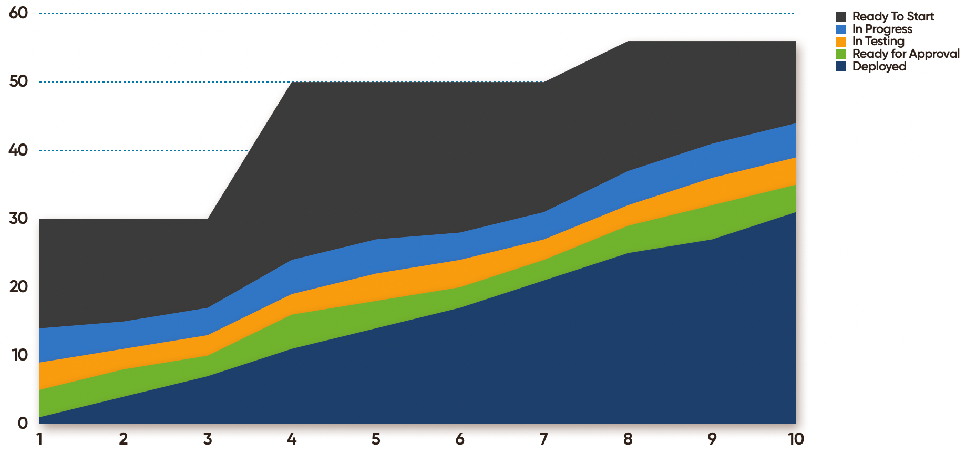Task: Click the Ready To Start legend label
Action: (x=893, y=16)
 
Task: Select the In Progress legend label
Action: (x=882, y=29)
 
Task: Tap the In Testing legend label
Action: (x=878, y=41)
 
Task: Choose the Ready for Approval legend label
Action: (x=906, y=54)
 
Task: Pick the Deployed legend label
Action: (x=879, y=66)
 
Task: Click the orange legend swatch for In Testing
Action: (x=840, y=42)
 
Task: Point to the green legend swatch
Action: (x=840, y=54)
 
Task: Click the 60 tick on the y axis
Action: (x=18, y=13)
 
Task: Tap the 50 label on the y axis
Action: (x=18, y=81)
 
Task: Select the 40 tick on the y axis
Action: (x=18, y=150)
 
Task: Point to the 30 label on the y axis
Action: (x=18, y=218)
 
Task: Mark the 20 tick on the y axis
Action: (x=18, y=286)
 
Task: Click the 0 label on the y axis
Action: (x=23, y=423)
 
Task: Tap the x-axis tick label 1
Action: (x=39, y=439)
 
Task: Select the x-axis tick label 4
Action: (x=292, y=439)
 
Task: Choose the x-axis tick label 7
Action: (x=544, y=439)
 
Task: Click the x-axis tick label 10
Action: (x=796, y=439)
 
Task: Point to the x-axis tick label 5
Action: (x=376, y=439)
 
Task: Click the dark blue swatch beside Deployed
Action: (x=840, y=67)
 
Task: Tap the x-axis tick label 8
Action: (x=628, y=439)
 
